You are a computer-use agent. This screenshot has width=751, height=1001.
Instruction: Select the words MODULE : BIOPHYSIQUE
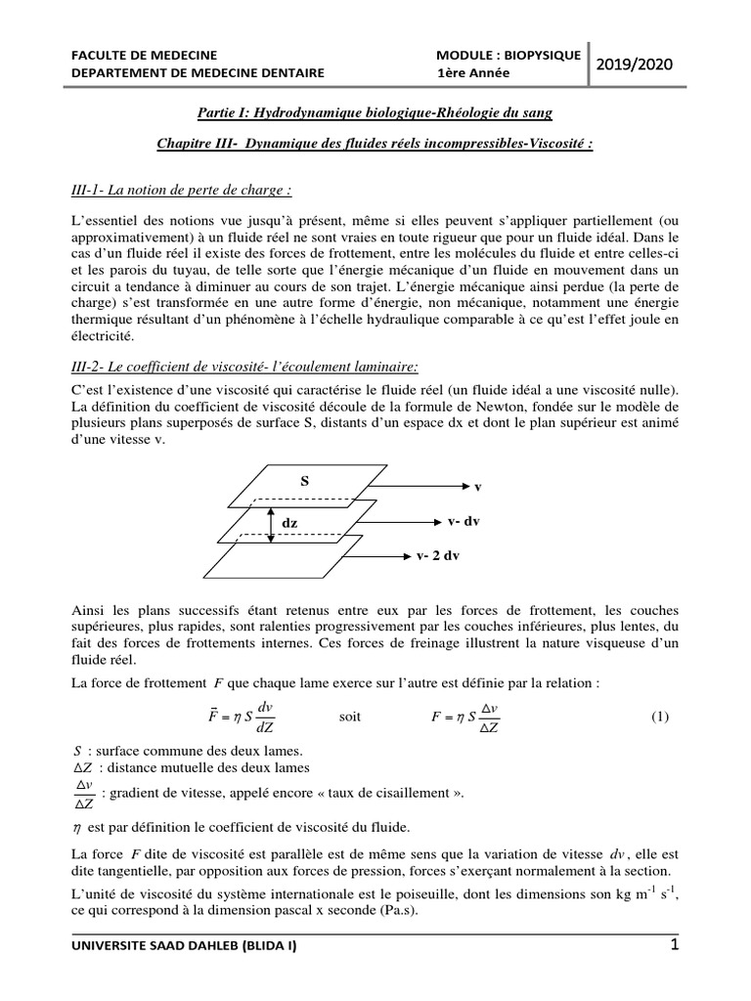[508, 54]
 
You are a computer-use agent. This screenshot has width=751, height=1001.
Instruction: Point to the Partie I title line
[375, 113]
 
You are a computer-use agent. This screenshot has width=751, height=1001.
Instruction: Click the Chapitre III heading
[375, 144]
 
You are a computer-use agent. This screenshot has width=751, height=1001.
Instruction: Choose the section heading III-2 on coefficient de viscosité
[245, 367]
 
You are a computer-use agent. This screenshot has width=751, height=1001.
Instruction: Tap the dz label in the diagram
[289, 523]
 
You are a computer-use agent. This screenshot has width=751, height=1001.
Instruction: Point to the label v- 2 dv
[438, 556]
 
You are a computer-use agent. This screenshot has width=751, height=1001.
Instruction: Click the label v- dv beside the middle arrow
[464, 521]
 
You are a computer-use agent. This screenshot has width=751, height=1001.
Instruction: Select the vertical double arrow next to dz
[270, 523]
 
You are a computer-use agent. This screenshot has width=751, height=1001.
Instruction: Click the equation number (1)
[659, 716]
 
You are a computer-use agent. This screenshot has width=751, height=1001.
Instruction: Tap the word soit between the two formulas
[350, 716]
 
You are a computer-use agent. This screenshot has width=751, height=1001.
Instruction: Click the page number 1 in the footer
[674, 945]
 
